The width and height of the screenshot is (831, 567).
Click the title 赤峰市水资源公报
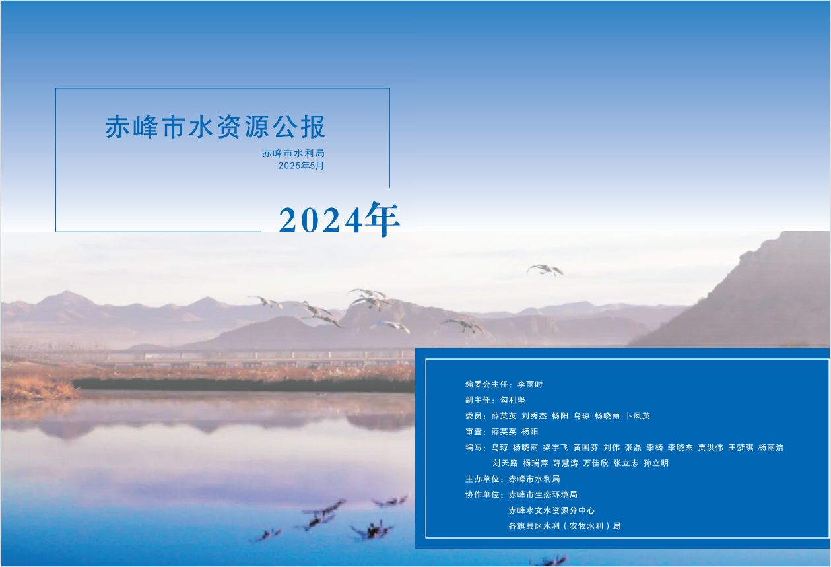(215, 127)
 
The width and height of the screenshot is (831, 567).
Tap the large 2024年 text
(339, 219)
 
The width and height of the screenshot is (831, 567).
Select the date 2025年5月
(301, 166)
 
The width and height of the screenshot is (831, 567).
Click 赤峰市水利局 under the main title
(294, 153)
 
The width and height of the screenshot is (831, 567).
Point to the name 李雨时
(530, 384)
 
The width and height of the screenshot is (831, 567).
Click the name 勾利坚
(513, 400)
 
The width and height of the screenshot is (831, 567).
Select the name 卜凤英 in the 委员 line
(638, 416)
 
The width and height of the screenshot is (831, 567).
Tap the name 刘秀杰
(534, 416)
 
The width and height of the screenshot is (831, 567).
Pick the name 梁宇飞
(555, 448)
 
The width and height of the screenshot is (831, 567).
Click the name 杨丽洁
(771, 448)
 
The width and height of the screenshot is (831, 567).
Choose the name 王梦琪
(741, 448)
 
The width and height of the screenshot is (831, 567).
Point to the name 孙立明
(656, 463)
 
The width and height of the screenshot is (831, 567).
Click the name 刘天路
(506, 463)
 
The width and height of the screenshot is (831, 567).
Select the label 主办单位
(482, 479)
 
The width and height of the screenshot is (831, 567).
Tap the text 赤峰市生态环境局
(543, 494)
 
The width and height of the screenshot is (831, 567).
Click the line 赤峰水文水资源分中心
(551, 511)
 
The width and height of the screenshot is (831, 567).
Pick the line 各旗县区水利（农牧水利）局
(564, 526)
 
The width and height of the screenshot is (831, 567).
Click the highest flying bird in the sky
(545, 270)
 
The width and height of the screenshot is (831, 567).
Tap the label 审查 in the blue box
(474, 432)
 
